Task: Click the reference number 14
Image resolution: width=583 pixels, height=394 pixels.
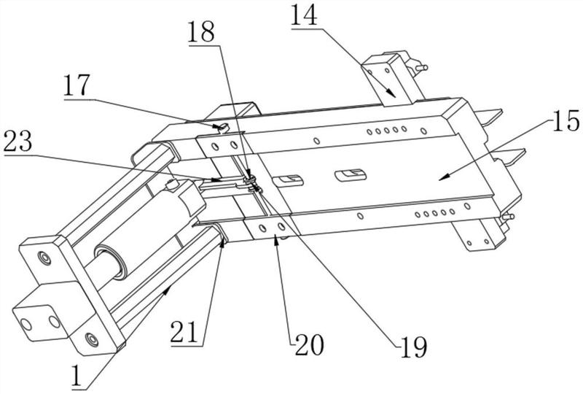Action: click(304, 15)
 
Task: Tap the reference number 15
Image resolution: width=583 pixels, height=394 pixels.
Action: click(566, 121)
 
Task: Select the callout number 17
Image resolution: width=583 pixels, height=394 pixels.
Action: click(77, 85)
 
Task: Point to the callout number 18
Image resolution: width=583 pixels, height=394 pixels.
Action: click(201, 32)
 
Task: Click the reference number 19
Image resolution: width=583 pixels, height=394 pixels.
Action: click(413, 347)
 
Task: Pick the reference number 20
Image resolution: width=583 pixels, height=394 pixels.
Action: click(309, 345)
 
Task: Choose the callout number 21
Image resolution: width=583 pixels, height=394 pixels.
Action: click(184, 332)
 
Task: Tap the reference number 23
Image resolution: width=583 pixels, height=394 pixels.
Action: click(17, 142)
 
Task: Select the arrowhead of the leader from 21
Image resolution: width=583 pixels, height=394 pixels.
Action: click(223, 242)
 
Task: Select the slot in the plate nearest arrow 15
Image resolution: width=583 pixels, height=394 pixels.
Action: click(351, 174)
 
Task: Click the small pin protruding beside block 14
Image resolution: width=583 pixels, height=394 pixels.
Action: click(422, 68)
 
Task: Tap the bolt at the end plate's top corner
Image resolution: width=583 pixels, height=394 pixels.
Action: click(44, 258)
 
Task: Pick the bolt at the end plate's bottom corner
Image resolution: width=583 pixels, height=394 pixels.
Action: click(92, 339)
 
